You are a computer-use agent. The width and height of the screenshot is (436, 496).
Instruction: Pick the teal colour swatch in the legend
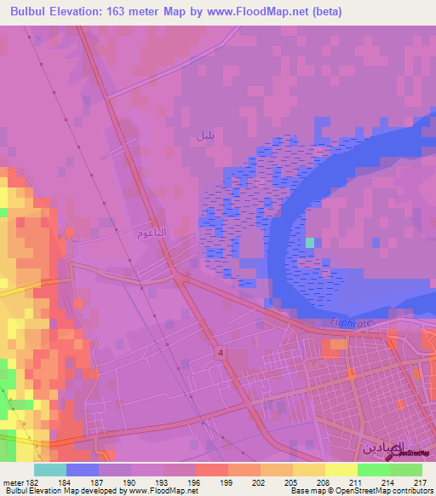point(50,470)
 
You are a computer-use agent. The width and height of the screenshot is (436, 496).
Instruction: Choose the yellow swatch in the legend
point(341,470)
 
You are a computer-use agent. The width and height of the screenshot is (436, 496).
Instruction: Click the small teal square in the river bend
point(310,243)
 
